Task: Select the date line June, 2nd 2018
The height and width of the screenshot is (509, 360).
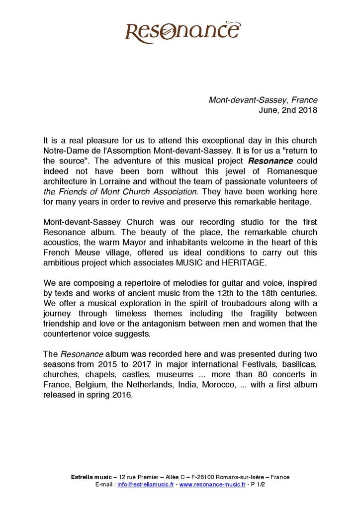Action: (288, 110)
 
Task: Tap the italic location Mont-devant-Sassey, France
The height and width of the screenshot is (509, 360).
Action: (263, 100)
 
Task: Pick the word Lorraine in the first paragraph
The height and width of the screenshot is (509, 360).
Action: (108, 182)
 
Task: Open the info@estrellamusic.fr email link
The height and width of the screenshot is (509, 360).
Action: (146, 484)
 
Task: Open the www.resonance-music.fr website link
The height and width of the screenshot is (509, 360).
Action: (212, 484)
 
